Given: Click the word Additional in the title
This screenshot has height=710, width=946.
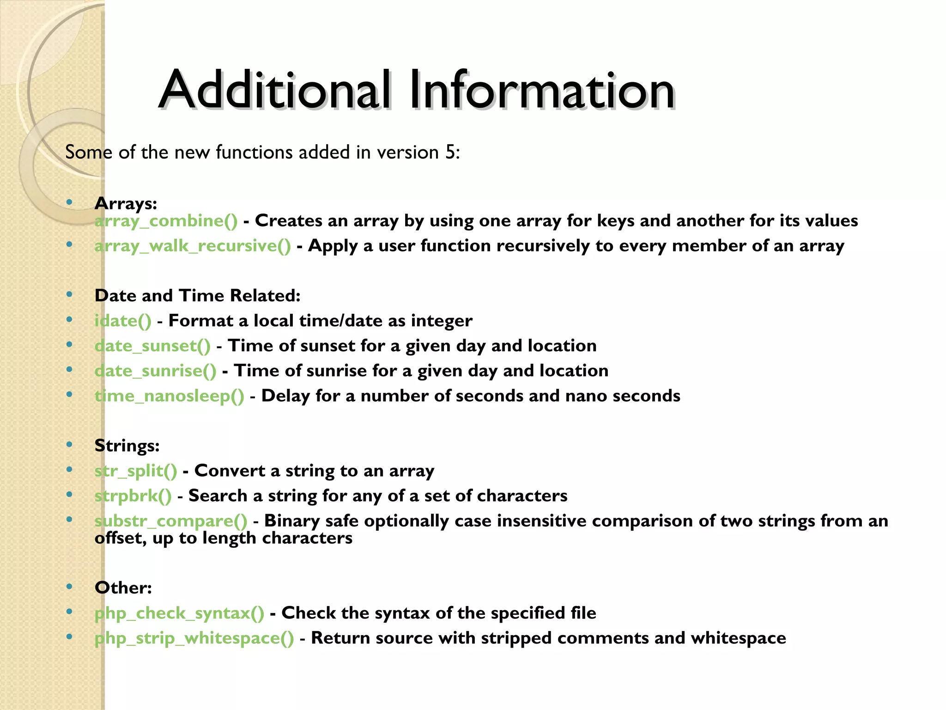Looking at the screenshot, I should click(275, 90).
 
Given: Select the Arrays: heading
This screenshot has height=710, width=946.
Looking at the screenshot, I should click(126, 203).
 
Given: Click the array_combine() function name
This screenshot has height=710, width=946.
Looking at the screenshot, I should click(166, 221).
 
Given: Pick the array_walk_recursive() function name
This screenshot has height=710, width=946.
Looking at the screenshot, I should click(193, 246).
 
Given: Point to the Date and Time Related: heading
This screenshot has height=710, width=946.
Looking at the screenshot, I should click(197, 295).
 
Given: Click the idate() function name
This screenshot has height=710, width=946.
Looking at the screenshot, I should click(123, 321).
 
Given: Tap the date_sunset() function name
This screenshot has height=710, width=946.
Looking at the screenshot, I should click(152, 346).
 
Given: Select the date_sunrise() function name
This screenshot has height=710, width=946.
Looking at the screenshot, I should click(155, 371).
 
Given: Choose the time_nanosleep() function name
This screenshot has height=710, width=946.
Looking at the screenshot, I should click(169, 396).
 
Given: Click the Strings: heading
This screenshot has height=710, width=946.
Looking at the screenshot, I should click(127, 446).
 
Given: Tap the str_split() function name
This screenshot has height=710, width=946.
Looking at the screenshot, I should click(136, 471).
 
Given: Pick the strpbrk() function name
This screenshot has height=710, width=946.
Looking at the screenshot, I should click(133, 496).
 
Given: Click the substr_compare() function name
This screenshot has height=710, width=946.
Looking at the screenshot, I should click(171, 521).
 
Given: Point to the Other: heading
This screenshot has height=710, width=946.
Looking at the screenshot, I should click(123, 588).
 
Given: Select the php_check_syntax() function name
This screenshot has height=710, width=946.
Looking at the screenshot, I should click(179, 613).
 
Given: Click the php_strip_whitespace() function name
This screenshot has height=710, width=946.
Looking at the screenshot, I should click(194, 638).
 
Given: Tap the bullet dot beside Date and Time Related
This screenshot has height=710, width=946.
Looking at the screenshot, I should click(69, 294).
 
